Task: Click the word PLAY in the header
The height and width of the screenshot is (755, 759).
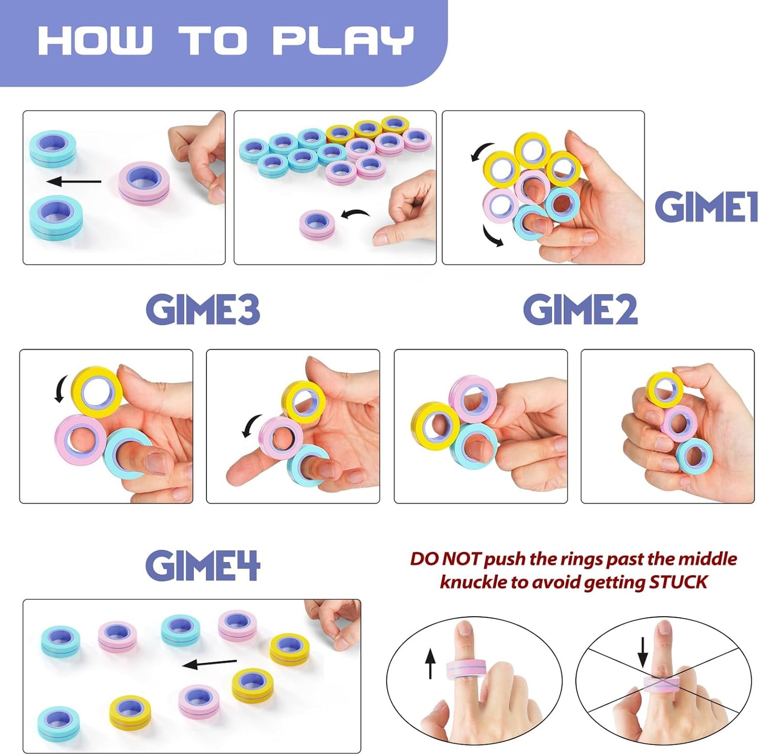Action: coord(343,40)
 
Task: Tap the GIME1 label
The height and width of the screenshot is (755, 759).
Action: coord(705,206)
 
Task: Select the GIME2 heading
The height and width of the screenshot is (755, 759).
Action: coord(580,309)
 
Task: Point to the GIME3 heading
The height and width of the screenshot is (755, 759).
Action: coord(203,309)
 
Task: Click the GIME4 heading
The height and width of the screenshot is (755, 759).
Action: coord(203,566)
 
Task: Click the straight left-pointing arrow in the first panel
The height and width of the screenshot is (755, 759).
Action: coord(74,182)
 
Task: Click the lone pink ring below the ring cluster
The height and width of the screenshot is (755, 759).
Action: coord(317,224)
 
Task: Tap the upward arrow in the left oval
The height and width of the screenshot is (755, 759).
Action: coord(430,663)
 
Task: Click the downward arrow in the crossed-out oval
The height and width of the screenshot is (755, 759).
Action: coord(642,652)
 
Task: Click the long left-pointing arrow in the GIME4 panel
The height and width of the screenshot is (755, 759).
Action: coord(210,664)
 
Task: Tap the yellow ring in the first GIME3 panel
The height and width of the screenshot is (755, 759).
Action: coord(97,392)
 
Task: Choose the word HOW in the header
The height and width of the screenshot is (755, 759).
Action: coord(95,40)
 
